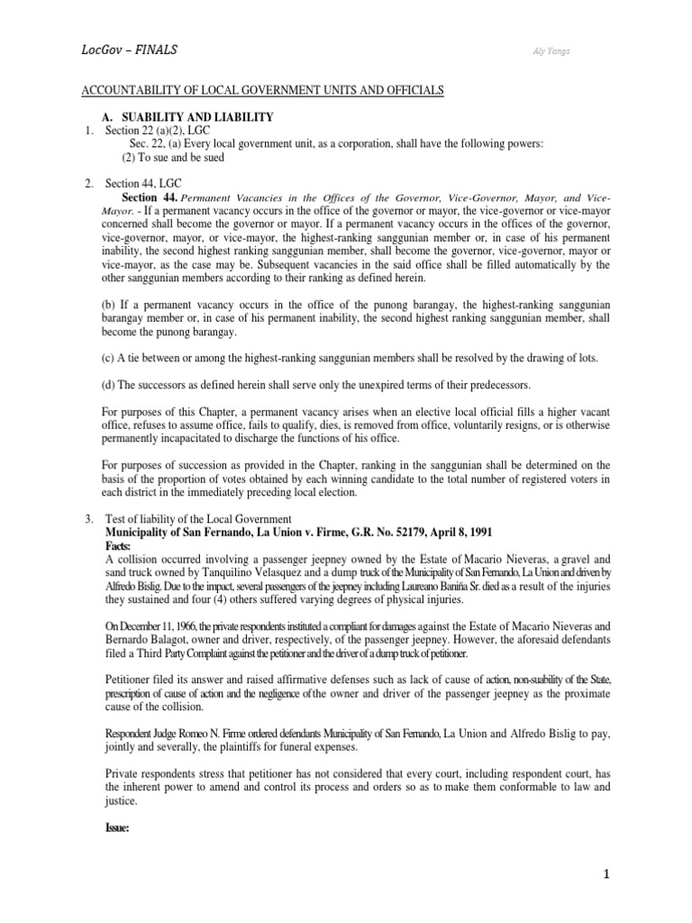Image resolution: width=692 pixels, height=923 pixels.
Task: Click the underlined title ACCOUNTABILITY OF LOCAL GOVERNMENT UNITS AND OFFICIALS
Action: [x=264, y=93]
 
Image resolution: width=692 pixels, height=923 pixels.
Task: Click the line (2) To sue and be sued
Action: [x=173, y=158]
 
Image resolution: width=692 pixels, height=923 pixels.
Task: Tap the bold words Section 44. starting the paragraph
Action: [x=149, y=197]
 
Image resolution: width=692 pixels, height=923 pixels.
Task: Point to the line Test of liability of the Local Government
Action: [x=199, y=519]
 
